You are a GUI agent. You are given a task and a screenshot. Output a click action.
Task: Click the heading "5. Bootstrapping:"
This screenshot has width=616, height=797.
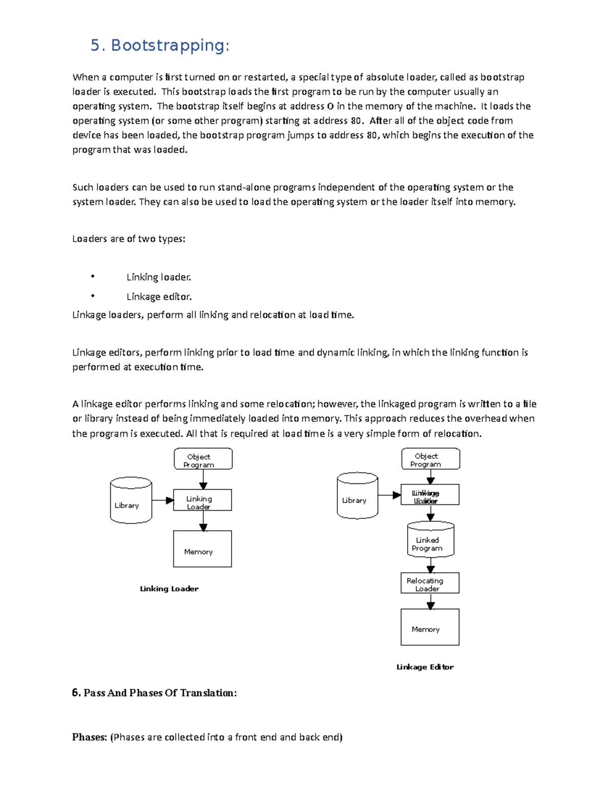pyautogui.click(x=160, y=46)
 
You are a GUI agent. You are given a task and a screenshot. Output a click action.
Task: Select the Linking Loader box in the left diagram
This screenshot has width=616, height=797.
pyautogui.click(x=202, y=500)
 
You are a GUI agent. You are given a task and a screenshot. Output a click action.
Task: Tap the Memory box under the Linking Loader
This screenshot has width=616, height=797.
pyautogui.click(x=202, y=549)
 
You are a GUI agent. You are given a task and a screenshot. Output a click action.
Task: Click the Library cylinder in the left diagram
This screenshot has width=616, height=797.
pyautogui.click(x=131, y=501)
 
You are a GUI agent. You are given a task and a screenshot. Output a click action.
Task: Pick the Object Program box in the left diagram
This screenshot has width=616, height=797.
pyautogui.click(x=203, y=459)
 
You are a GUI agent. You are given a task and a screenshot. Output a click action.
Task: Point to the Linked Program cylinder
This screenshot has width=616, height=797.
pyautogui.click(x=430, y=540)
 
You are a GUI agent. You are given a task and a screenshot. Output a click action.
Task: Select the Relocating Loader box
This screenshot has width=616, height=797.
pyautogui.click(x=430, y=583)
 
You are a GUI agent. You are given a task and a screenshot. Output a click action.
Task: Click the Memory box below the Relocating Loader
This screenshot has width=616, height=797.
pyautogui.click(x=430, y=627)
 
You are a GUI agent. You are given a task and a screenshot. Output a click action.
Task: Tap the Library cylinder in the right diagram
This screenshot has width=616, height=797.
pyautogui.click(x=357, y=496)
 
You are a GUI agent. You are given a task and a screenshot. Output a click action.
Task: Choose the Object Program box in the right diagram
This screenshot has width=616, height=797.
pyautogui.click(x=430, y=459)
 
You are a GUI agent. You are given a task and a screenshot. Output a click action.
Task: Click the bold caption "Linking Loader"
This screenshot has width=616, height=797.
pyautogui.click(x=169, y=589)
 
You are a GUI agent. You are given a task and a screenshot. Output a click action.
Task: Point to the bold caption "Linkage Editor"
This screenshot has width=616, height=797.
pyautogui.click(x=425, y=667)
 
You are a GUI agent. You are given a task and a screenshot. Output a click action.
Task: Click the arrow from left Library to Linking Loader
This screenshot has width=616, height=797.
pyautogui.click(x=163, y=500)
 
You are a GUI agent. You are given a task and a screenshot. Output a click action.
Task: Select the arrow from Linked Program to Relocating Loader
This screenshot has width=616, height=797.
pyautogui.click(x=431, y=566)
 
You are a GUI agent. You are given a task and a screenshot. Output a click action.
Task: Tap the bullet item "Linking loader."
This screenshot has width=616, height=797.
pyautogui.click(x=159, y=277)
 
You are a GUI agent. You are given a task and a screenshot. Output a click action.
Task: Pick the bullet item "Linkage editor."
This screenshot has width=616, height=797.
pyautogui.click(x=159, y=297)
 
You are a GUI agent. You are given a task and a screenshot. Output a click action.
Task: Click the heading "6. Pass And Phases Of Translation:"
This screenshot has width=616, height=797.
pyautogui.click(x=155, y=693)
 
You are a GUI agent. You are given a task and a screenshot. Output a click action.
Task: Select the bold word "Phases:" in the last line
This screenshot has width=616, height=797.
pyautogui.click(x=89, y=737)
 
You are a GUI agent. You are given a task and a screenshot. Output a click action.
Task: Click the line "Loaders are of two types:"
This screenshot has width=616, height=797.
pyautogui.click(x=128, y=239)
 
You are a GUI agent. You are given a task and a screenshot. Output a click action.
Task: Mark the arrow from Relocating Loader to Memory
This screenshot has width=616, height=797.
pyautogui.click(x=431, y=601)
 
